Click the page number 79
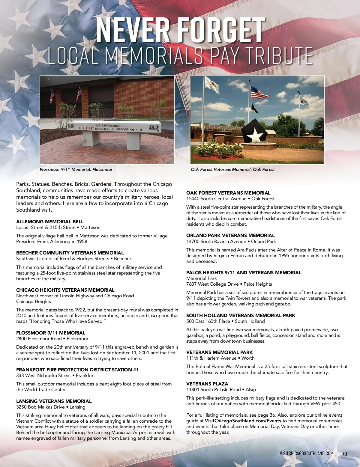[x=344, y=454]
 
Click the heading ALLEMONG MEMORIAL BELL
[x=50, y=222]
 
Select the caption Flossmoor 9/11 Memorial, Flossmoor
[x=76, y=170]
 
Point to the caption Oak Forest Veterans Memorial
[x=233, y=170]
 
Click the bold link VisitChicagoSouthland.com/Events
[x=243, y=421]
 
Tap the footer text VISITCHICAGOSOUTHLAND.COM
[x=306, y=454]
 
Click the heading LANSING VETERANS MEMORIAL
[x=54, y=401]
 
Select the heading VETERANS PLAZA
[x=207, y=384]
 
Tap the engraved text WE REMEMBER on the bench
[x=108, y=126]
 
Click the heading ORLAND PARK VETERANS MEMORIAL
[x=230, y=236]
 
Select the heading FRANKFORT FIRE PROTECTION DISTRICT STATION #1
[x=77, y=370]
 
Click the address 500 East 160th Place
[x=208, y=321]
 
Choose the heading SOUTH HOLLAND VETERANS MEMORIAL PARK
[x=241, y=316]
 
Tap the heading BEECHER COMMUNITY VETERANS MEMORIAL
[x=70, y=253]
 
